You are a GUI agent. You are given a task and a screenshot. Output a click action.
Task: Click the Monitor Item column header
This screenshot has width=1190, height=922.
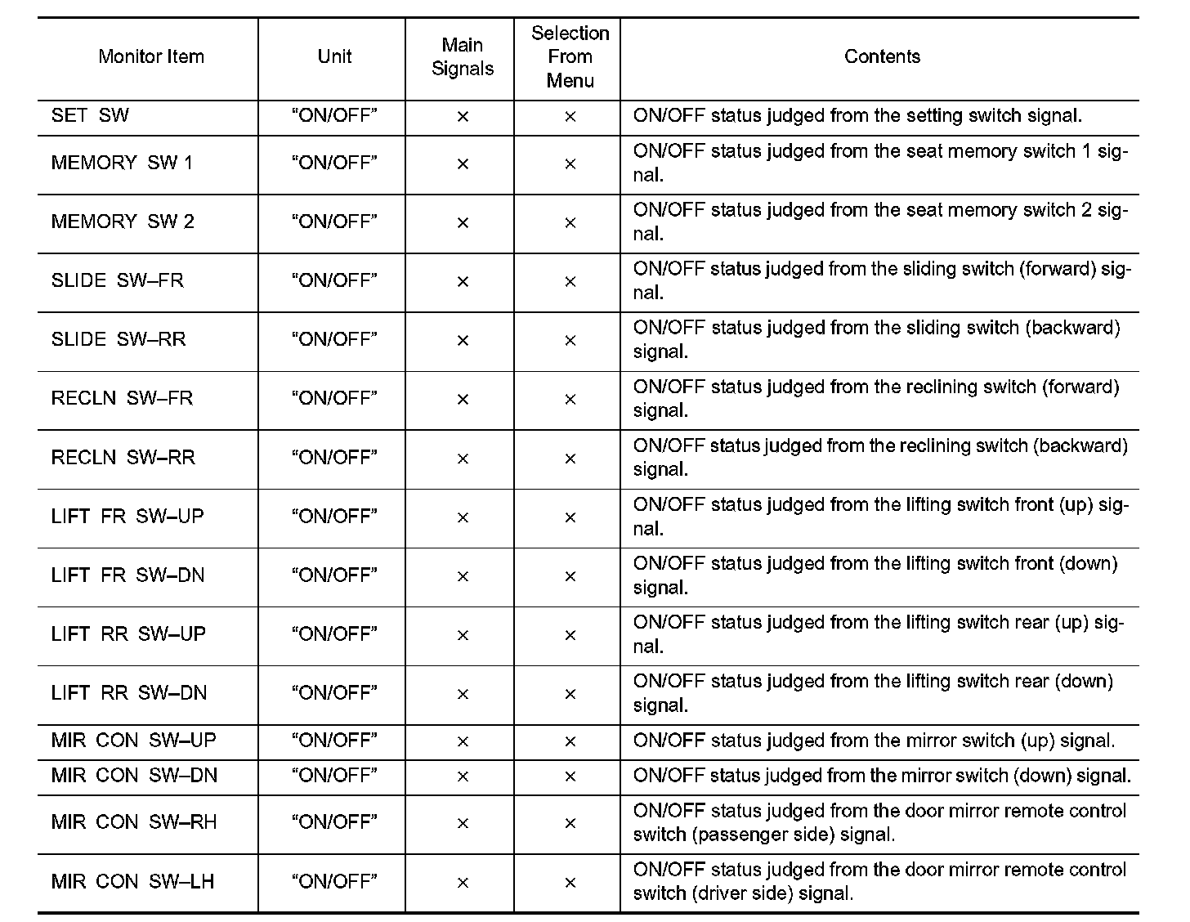[150, 56]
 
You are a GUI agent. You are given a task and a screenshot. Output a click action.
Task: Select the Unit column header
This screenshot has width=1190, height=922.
[334, 56]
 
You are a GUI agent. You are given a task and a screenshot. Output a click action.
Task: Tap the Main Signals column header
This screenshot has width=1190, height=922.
[463, 56]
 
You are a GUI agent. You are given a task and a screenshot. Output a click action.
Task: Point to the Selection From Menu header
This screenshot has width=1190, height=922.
[570, 56]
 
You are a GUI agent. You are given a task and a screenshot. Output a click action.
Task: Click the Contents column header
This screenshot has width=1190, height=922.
[882, 56]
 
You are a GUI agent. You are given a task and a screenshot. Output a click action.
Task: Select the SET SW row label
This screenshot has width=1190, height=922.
[90, 115]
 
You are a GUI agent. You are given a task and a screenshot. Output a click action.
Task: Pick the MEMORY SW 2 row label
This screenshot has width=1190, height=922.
[123, 222]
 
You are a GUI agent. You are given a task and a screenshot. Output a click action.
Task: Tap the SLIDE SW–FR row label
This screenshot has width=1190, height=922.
[118, 280]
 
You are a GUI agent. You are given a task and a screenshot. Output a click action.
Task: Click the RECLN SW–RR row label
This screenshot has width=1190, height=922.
[123, 457]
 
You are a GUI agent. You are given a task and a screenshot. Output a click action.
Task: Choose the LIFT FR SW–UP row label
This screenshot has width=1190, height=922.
[127, 516]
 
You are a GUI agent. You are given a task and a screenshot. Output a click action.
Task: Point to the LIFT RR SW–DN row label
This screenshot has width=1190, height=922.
[129, 692]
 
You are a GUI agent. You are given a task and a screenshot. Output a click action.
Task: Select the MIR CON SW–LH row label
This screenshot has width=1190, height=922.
[132, 881]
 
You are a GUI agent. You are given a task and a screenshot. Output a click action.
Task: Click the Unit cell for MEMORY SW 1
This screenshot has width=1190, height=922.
[334, 163]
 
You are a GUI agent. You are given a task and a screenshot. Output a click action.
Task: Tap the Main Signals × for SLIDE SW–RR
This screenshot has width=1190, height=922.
[463, 340]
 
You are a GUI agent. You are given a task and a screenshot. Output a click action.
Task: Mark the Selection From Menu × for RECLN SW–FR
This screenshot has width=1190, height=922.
[570, 399]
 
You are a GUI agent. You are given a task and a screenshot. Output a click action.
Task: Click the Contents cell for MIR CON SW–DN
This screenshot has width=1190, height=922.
[882, 775]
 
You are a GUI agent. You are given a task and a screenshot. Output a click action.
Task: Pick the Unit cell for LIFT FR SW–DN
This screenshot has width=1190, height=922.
[334, 575]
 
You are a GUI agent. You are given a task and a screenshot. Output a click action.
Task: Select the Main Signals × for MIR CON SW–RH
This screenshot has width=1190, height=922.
[463, 823]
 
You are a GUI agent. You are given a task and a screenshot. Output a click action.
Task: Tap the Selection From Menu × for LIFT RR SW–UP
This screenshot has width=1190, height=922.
[570, 635]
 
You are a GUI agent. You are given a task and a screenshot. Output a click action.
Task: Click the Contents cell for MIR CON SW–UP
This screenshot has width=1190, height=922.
[874, 741]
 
